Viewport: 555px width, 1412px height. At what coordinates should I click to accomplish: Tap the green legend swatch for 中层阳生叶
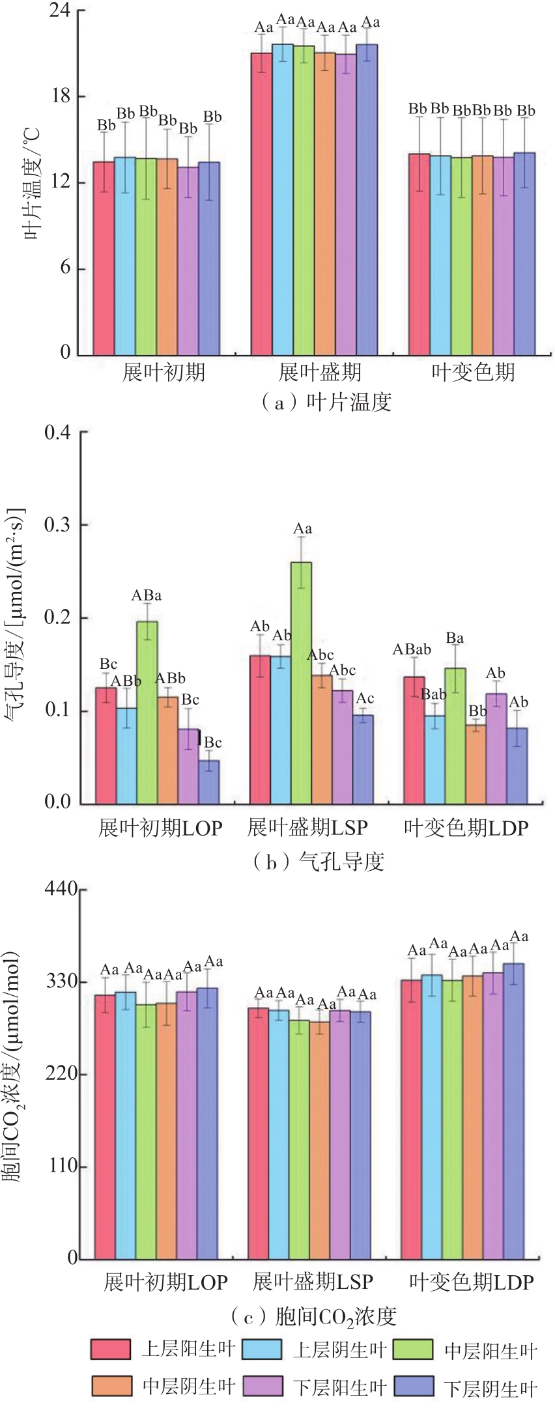416,1349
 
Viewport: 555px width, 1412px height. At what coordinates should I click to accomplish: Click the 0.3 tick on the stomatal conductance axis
57,525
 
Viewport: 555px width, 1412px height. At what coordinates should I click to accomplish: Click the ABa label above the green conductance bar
147,595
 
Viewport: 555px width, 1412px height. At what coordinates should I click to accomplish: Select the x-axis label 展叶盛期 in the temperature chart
319,373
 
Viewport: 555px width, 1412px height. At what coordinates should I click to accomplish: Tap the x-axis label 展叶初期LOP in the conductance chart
160,828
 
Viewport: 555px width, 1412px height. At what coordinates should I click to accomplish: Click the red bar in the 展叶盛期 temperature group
262,204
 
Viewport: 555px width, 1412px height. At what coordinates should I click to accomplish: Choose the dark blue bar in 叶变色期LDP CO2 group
514,1111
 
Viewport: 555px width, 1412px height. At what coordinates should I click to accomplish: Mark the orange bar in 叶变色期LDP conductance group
476,765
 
